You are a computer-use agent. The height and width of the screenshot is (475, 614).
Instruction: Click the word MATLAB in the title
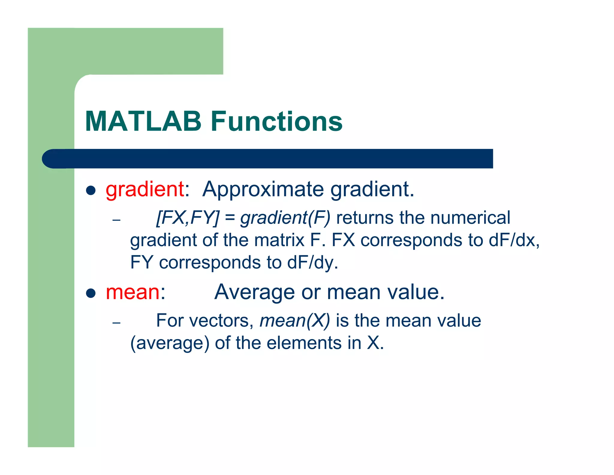pos(143,122)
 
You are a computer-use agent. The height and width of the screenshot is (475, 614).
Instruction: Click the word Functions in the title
pos(276,122)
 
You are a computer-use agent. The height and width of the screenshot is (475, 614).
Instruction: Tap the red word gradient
pos(145,190)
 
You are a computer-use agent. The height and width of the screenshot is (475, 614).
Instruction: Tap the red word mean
pos(133,292)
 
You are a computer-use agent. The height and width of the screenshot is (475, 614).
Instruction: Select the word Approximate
pos(263,190)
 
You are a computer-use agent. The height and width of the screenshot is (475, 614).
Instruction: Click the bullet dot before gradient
pos(91,190)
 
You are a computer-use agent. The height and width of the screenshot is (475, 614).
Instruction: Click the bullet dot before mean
pos(91,293)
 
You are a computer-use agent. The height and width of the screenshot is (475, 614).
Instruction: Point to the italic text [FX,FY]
pos(188,218)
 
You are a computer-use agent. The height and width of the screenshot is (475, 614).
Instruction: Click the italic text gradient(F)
pos(285,218)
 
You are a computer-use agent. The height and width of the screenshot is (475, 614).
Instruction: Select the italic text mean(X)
pos(294,321)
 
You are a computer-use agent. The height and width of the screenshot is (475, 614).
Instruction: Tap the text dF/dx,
pos(514,240)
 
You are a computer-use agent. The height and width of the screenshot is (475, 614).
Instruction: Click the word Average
pos(255,292)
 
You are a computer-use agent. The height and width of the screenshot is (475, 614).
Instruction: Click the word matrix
pos(279,240)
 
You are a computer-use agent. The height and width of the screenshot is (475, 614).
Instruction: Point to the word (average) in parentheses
pos(170,343)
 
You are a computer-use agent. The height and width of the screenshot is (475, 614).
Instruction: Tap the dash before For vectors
pos(116,323)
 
